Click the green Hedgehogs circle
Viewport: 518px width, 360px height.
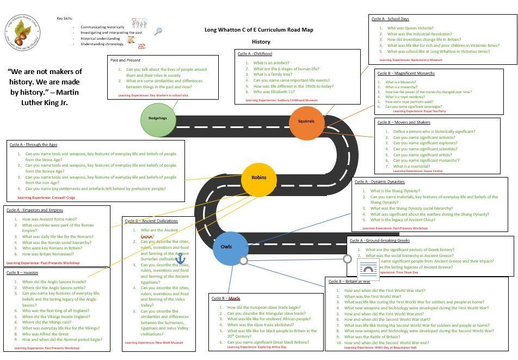pos(158,118)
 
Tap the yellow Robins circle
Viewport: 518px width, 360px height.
pos(259,178)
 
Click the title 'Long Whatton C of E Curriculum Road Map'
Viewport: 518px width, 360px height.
pos(258,30)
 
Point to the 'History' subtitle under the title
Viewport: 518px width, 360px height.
pos(261,42)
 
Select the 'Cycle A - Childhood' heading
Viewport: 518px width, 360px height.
pos(255,54)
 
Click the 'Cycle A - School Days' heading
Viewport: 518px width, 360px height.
pos(390,19)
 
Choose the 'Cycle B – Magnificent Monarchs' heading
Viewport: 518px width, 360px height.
pos(406,74)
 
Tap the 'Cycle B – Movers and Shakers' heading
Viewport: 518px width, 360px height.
pos(404,123)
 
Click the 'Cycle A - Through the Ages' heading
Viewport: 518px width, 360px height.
pos(33,145)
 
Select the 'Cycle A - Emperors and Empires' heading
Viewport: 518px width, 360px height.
pos(35,210)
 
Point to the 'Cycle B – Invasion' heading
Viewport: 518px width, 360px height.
pos(22,273)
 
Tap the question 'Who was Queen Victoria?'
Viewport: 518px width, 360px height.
pos(410,28)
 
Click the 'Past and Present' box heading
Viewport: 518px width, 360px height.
pos(125,60)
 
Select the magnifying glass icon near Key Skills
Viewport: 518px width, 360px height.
pos(158,32)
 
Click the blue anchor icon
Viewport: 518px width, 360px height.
pos(180,258)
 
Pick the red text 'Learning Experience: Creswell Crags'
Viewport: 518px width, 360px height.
pos(46,198)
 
